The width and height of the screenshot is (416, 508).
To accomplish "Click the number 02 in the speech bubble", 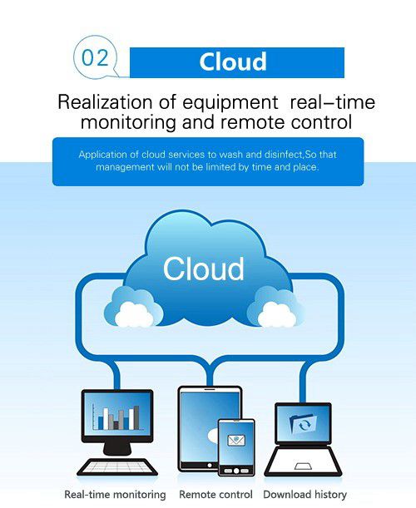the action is [95, 58].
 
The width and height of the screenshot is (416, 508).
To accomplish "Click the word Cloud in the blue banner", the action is [233, 62].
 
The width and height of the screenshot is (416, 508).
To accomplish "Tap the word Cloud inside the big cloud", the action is [203, 269].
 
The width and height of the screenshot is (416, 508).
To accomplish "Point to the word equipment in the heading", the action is [230, 103].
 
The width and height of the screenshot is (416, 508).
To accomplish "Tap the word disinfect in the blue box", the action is [284, 154].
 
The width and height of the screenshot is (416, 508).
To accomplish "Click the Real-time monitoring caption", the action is [115, 495].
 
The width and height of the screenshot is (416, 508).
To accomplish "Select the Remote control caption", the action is [215, 495].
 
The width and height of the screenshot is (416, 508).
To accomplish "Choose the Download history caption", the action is [305, 495].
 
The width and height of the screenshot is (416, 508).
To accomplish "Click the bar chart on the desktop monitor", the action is [116, 418].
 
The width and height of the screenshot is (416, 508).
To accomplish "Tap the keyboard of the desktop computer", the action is [117, 467].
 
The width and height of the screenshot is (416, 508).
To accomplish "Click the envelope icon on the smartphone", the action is [236, 440].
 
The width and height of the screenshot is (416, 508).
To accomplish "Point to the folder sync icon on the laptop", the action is [303, 423].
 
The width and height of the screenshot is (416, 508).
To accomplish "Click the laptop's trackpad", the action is [303, 466].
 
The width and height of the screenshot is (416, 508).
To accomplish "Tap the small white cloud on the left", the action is [134, 314].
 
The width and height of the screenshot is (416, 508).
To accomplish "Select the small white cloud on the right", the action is [276, 314].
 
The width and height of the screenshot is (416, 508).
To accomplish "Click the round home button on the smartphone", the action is [236, 471].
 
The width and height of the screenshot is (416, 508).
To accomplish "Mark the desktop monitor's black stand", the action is [117, 449].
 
